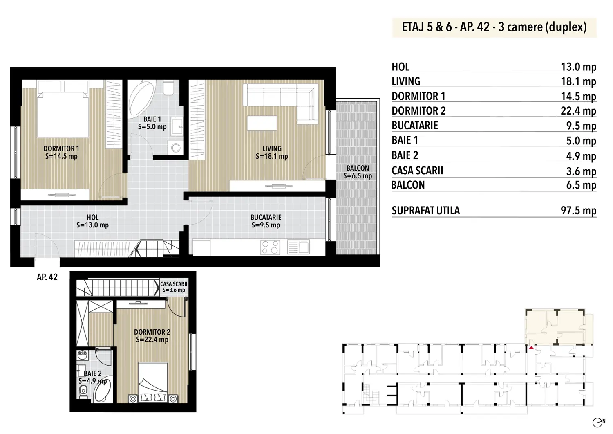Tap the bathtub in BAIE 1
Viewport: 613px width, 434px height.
[x=141, y=98]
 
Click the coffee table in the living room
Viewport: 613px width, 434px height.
[x=262, y=123]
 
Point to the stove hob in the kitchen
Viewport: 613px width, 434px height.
[x=270, y=247]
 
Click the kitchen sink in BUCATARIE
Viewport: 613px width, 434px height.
[x=298, y=247]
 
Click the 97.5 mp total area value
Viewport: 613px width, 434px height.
[x=579, y=210]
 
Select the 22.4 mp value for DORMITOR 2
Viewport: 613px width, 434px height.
[x=579, y=111]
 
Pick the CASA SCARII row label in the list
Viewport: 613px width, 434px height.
[x=417, y=171]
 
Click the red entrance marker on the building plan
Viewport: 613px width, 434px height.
[x=531, y=348]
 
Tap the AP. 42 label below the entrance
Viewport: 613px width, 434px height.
[x=47, y=277]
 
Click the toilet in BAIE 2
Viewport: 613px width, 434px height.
[x=83, y=392]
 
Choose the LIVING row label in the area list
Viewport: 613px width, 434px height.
[x=406, y=81]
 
